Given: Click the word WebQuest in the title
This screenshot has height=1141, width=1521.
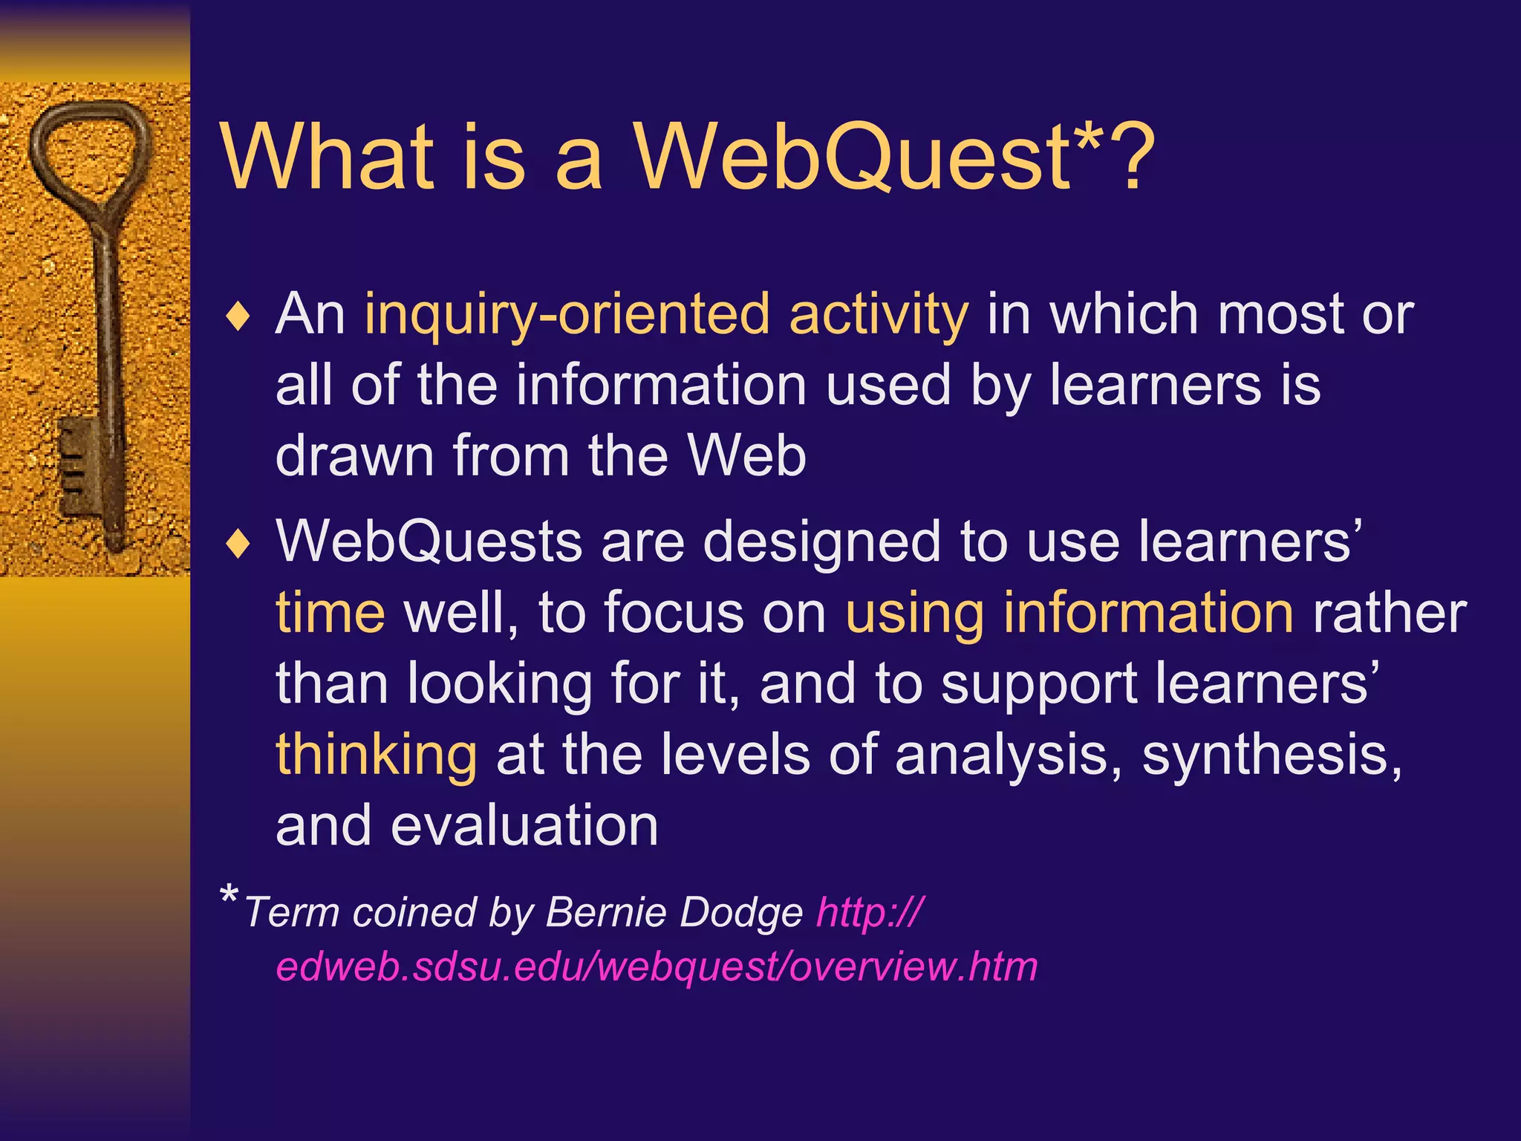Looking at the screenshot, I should tap(850, 157).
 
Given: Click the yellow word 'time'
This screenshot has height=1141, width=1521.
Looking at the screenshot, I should tap(330, 614).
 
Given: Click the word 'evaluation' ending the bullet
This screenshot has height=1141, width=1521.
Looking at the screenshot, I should tap(524, 826).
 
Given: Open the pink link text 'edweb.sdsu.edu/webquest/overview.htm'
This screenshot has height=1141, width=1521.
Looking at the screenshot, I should tap(657, 967).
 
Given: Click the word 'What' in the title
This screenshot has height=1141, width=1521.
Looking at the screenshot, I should tap(327, 157).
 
